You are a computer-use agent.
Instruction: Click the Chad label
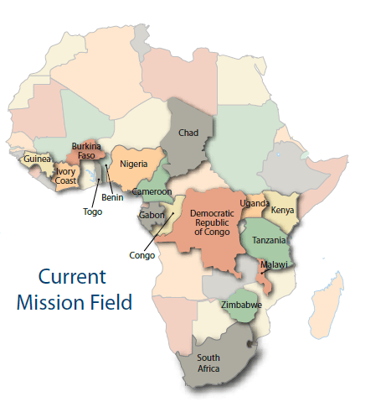pyautogui.click(x=188, y=133)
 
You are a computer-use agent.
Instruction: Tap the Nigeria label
pyautogui.click(x=135, y=164)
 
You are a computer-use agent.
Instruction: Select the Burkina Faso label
pyautogui.click(x=87, y=150)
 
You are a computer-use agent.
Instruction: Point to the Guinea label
pyautogui.click(x=38, y=159)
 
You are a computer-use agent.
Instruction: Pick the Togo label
pyautogui.click(x=92, y=211)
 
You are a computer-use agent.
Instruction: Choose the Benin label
pyautogui.click(x=112, y=198)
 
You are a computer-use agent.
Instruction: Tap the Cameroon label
pyautogui.click(x=152, y=192)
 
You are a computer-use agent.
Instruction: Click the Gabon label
pyautogui.click(x=152, y=216)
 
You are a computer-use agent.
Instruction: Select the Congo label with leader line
pyautogui.click(x=142, y=255)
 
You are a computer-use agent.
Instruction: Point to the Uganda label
pyautogui.click(x=255, y=204)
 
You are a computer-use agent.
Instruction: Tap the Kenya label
pyautogui.click(x=282, y=209)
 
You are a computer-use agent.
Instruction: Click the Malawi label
pyautogui.click(x=274, y=264)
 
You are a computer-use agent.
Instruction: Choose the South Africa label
pyautogui.click(x=209, y=363)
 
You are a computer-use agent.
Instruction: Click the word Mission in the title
pyautogui.click(x=56, y=302)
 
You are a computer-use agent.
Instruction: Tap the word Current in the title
pyautogui.click(x=74, y=278)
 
